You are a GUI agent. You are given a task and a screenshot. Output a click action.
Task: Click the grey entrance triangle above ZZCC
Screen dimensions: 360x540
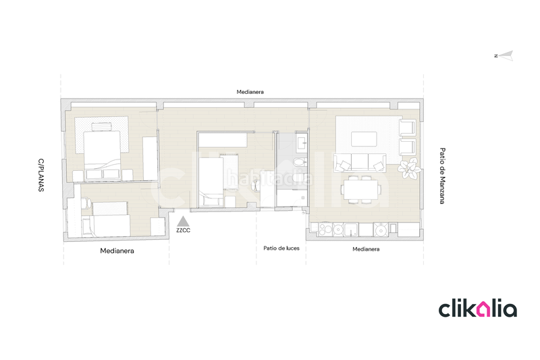(182, 221)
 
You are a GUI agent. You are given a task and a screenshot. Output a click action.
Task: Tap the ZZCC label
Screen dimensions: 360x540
(182, 230)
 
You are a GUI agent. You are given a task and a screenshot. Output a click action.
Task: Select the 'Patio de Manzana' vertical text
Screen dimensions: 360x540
(442, 176)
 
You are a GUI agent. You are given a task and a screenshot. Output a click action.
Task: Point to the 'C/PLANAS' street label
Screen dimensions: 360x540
(40, 176)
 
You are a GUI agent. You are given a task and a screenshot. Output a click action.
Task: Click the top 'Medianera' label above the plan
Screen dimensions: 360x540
(250, 92)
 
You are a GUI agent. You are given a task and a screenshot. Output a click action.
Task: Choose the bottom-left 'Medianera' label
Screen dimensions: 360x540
(117, 251)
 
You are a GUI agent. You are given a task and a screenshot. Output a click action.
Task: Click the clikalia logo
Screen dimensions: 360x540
(478, 309)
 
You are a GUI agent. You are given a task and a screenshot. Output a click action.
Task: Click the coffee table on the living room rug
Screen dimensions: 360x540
(364, 138)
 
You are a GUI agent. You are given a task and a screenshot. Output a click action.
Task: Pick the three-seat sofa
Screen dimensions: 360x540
(359, 162)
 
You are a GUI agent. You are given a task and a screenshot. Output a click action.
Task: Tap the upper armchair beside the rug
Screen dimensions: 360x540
(408, 128)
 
